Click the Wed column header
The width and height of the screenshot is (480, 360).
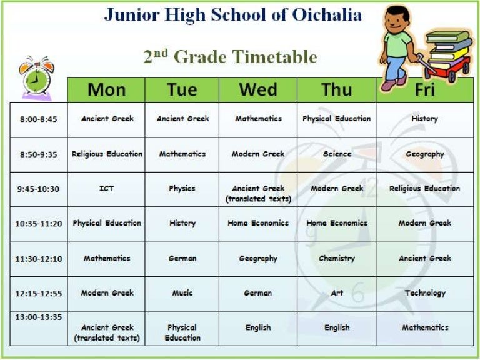[258, 89]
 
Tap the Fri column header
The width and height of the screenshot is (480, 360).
[424, 89]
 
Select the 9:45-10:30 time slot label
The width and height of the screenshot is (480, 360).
[39, 189]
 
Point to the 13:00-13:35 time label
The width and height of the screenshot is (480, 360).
[39, 317]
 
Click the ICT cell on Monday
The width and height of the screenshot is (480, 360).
[107, 188]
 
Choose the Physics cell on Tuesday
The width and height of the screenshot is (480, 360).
[182, 188]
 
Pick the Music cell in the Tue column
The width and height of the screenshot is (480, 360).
[182, 292]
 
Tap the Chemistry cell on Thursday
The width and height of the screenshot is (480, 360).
[336, 258]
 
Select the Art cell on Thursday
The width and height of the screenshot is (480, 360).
[336, 292]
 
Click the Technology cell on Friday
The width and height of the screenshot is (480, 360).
[425, 292]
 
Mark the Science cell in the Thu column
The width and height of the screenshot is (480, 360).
[336, 154]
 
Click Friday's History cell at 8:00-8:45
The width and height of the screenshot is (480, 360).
[425, 118]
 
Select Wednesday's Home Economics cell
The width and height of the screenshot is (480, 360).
[258, 223]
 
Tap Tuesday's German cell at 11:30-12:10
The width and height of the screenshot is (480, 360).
[182, 258]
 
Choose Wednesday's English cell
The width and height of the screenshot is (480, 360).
[258, 327]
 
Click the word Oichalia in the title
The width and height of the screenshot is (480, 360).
[327, 14]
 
